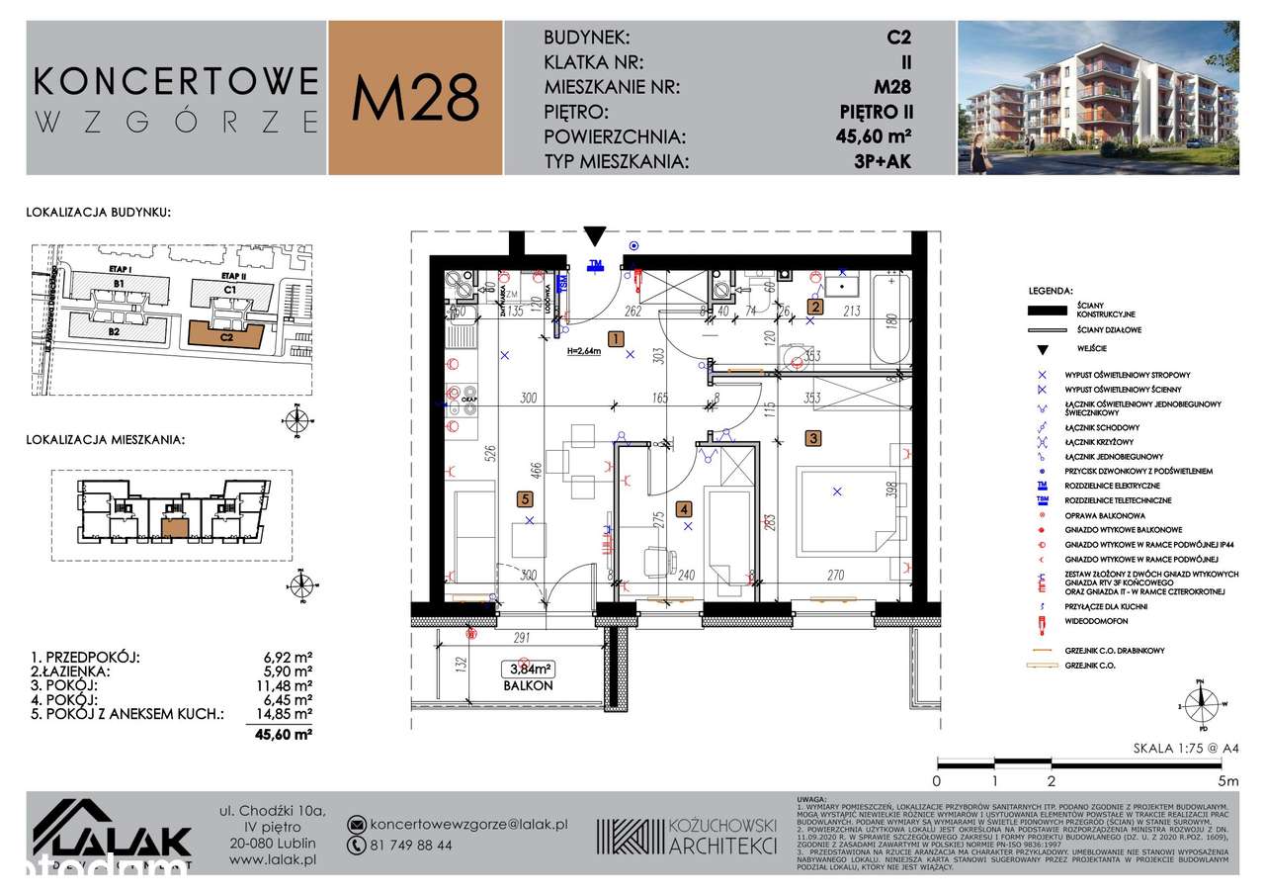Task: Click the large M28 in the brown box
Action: point(415,97)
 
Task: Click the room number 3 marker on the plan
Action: point(812,437)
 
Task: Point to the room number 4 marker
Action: point(683,510)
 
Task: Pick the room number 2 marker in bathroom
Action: point(814,307)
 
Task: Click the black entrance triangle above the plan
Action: point(594,236)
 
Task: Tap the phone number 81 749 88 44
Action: point(411,846)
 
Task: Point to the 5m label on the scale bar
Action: point(1228,780)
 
